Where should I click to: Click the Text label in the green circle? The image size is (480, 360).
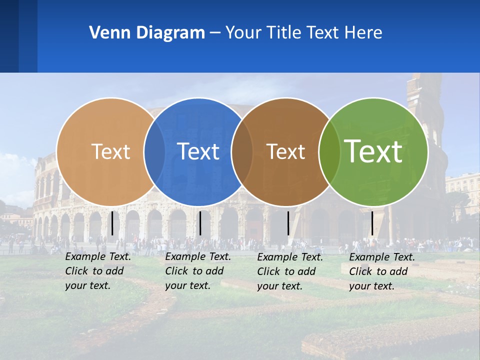[373, 151]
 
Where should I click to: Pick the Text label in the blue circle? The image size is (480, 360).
[198, 151]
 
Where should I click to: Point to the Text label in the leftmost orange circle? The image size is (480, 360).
[111, 151]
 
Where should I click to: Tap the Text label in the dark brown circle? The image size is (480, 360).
[286, 152]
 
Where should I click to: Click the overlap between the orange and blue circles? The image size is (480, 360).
[154, 151]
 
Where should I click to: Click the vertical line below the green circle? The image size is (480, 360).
[372, 223]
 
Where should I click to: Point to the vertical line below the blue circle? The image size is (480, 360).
[200, 223]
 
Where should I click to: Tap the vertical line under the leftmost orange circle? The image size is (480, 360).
[112, 223]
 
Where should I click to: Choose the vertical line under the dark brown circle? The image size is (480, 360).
[288, 223]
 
